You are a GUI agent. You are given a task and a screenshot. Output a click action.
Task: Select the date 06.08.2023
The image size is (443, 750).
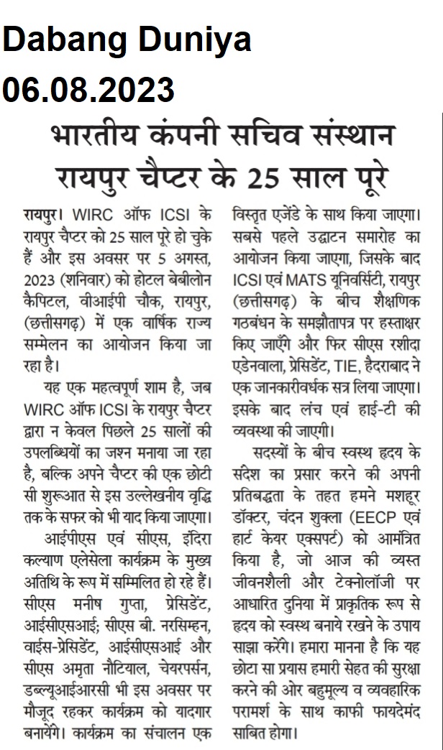pyautogui.click(x=88, y=91)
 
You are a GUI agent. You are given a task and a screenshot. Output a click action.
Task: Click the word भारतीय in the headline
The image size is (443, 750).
pyautogui.click(x=100, y=137)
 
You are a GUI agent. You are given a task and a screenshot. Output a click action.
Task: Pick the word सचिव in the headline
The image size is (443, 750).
pyautogui.click(x=281, y=137)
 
